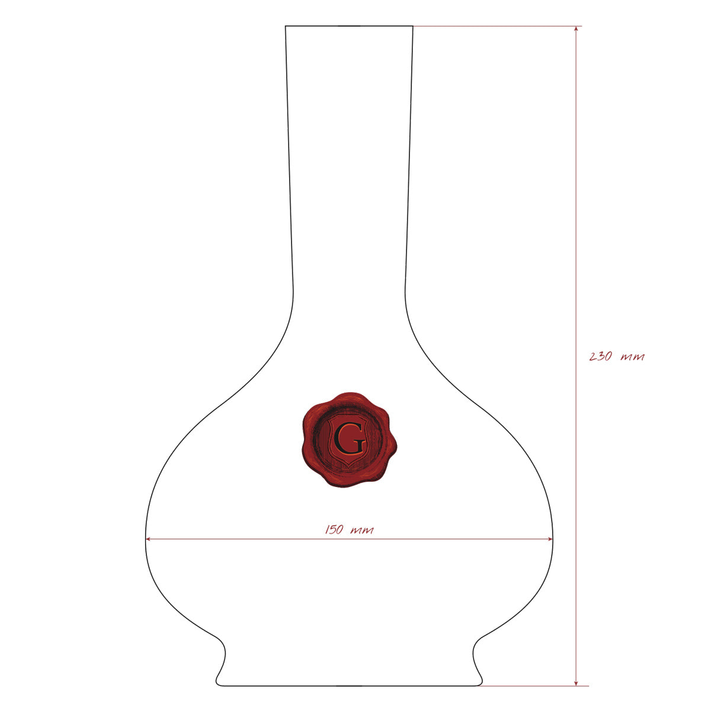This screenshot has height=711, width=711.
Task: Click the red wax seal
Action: (349, 440)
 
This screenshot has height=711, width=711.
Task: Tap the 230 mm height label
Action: (617, 357)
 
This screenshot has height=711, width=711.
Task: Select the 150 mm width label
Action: (349, 530)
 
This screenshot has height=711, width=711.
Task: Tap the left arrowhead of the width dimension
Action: (149, 539)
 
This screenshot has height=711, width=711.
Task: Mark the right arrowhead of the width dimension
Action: (549, 539)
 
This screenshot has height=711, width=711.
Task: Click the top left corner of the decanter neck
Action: (285, 26)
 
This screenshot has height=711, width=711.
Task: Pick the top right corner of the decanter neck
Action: (413, 26)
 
